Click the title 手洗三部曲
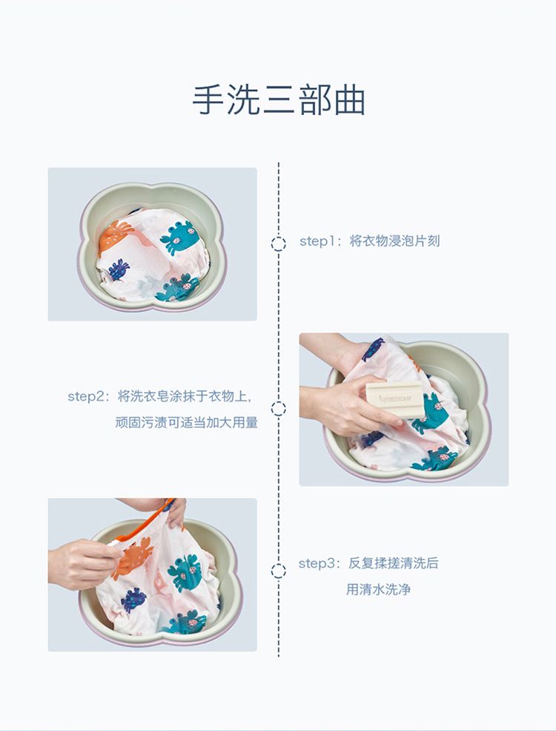(x=278, y=100)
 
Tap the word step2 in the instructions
(x=85, y=396)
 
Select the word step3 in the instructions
(x=316, y=563)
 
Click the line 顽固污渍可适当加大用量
(x=186, y=422)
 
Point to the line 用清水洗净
(x=377, y=589)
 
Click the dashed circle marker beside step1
(x=279, y=244)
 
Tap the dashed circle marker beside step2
(x=279, y=409)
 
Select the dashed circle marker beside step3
(x=279, y=571)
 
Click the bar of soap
(x=395, y=399)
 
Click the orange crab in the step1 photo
(x=113, y=235)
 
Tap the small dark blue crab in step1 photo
(x=119, y=269)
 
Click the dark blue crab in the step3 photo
(x=133, y=600)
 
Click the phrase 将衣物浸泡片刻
(x=394, y=241)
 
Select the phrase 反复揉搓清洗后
(x=394, y=563)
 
